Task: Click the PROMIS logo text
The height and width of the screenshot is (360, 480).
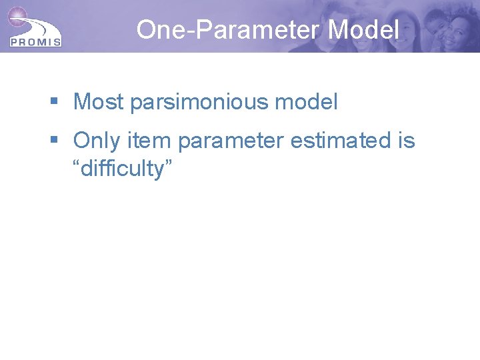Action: click(35, 42)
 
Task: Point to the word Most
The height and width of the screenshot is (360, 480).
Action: click(99, 102)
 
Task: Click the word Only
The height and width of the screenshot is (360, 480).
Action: click(96, 141)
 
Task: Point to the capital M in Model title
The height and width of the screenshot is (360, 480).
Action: click(340, 29)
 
